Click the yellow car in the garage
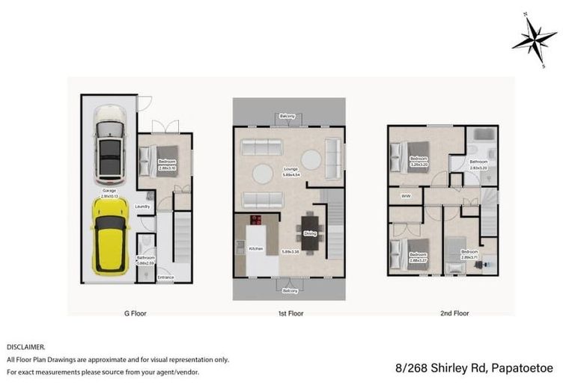pyautogui.click(x=110, y=236)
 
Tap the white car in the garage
pyautogui.click(x=109, y=144)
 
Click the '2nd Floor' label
pyautogui.click(x=454, y=313)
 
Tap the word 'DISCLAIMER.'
pyautogui.click(x=26, y=347)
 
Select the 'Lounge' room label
pyautogui.click(x=287, y=170)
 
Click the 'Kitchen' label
pyautogui.click(x=255, y=248)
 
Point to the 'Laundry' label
pyautogui.click(x=143, y=206)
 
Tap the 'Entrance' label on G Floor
pyautogui.click(x=165, y=278)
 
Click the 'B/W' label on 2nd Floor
pyautogui.click(x=406, y=196)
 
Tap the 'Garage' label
pyautogui.click(x=109, y=191)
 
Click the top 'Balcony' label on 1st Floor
pyautogui.click(x=287, y=117)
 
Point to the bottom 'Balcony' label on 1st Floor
pyautogui.click(x=290, y=289)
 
